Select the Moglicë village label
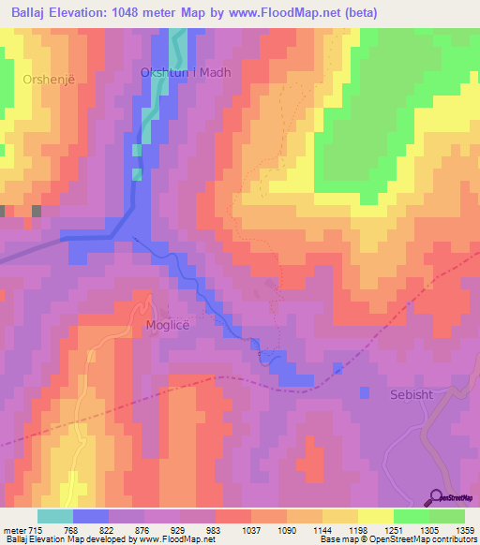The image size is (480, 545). tap(170, 325)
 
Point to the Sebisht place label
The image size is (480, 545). tap(412, 394)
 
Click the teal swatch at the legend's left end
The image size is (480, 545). tap(54, 516)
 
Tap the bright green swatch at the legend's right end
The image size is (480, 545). tap(447, 516)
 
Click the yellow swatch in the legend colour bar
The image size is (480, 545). tap(375, 516)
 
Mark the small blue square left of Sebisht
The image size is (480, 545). tap(365, 391)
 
